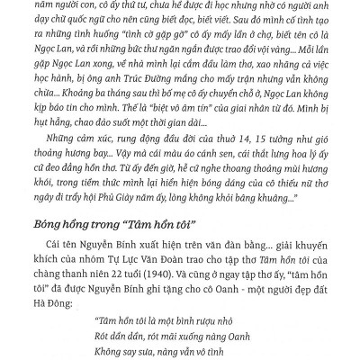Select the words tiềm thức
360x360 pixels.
point(98,203)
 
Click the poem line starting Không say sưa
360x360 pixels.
point(126,358)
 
